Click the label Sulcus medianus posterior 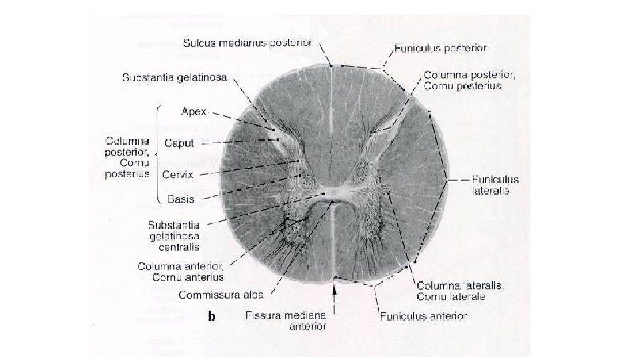[x=248, y=43]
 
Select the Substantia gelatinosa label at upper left [x=175, y=77]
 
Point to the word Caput [x=180, y=143]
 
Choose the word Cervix [x=178, y=175]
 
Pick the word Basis [x=181, y=199]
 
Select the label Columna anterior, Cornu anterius [x=181, y=271]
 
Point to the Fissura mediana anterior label [x=286, y=321]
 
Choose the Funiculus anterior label [x=423, y=315]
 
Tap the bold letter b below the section [x=211, y=317]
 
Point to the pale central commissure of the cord [x=333, y=194]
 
